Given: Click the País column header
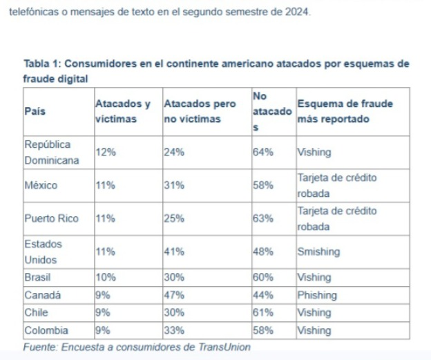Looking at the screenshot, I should pos(36,111).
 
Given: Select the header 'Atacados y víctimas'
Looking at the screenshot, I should pos(122,111).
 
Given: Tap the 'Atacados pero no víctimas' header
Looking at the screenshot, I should pos(199,111).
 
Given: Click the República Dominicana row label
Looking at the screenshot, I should pos(52,153).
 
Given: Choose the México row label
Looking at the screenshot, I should pos(41,185).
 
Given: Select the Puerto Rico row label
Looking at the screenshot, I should pos(51,218).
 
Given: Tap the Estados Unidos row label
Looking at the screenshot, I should pos(43,252).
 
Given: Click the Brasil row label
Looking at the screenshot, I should pos(39,278).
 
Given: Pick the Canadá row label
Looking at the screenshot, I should pos(43,295).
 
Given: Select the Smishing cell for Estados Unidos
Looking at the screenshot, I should pos(318,252).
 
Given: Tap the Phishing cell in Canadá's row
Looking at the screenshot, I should pos(317,295).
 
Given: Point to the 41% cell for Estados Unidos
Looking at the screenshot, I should pos(173,252).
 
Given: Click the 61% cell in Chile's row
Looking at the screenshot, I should pos(263,312).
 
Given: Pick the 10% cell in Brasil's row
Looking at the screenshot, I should pos(105,278).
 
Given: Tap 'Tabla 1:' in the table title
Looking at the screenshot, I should pos(43,64).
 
